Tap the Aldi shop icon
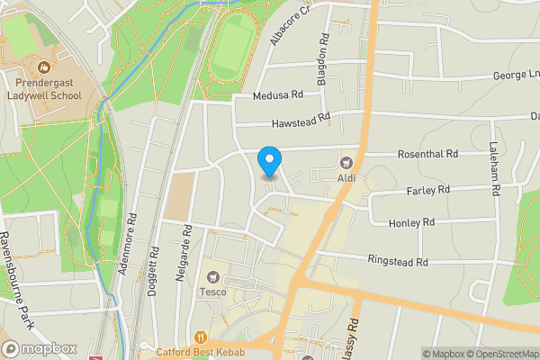[346, 162]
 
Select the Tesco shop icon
[213, 275]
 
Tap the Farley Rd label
[427, 191]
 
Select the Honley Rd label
[411, 222]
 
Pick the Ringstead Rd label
[397, 261]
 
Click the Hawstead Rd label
[302, 118]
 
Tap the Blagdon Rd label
[321, 65]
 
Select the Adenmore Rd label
[132, 244]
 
